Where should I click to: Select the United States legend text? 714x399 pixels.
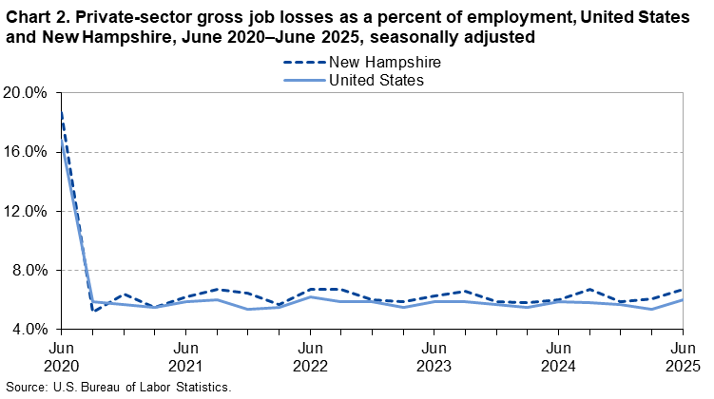point(376,80)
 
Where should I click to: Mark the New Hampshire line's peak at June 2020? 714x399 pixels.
point(60,113)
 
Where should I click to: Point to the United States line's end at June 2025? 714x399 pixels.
point(683,300)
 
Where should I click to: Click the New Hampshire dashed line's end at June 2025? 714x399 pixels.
point(683,290)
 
